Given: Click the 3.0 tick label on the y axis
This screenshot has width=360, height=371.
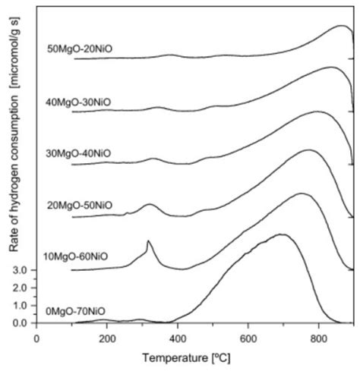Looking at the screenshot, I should [21, 270].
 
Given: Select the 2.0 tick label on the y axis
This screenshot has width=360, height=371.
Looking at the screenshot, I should [21, 288].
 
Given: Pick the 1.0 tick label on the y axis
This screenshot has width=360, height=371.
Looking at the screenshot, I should [21, 305].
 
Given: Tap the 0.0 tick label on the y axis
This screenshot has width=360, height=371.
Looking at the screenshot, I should [21, 323].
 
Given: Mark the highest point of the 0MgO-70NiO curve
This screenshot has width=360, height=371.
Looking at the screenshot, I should [283, 234].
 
